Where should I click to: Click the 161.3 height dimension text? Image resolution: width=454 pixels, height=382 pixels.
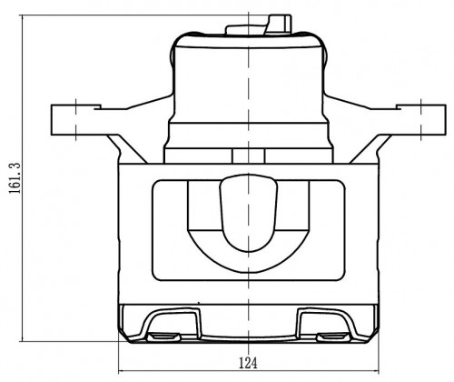point(15,178)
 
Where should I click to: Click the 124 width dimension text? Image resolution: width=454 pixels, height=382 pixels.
point(248,363)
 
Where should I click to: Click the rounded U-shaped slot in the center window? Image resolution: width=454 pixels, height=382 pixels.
point(249,212)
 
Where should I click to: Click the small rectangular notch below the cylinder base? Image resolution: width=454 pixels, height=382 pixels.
point(248,156)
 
